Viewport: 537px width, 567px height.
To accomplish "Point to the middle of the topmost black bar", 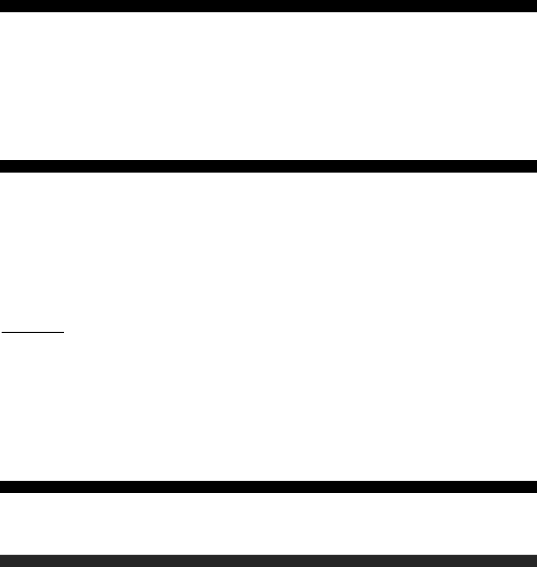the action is point(268,6).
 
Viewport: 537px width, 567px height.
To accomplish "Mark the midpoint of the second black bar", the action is point(268,166).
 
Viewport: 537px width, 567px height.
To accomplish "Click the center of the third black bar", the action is point(268,487).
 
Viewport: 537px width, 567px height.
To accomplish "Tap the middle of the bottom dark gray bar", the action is point(268,561).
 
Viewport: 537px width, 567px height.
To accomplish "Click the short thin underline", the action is point(32,332).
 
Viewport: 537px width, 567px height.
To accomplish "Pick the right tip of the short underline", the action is point(64,332).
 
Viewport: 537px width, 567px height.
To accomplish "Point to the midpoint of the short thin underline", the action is point(32,332).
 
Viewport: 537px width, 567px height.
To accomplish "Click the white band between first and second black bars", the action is point(268,86).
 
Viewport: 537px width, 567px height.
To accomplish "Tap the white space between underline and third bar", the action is point(268,407).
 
